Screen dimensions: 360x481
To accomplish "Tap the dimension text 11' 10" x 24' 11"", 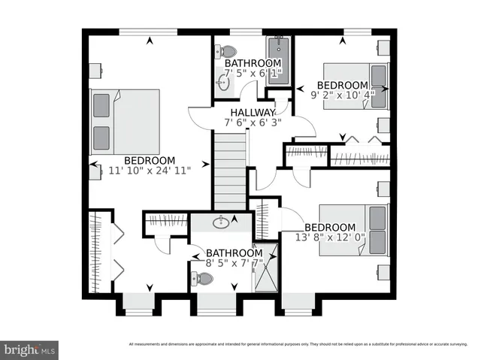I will click(x=150, y=171).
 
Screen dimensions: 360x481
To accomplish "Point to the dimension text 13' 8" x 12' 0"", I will click(x=329, y=238).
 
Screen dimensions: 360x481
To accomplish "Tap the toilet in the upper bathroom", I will click(x=225, y=53).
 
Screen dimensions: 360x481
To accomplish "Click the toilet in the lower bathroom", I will click(x=203, y=279).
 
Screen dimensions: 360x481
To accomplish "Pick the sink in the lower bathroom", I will click(x=221, y=222).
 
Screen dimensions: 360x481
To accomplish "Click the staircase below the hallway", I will click(x=229, y=168).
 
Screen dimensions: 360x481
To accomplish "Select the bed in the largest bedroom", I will click(x=125, y=122).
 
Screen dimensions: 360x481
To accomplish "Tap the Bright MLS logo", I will click(x=29, y=349).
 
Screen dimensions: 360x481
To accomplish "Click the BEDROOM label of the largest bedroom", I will click(x=150, y=160).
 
